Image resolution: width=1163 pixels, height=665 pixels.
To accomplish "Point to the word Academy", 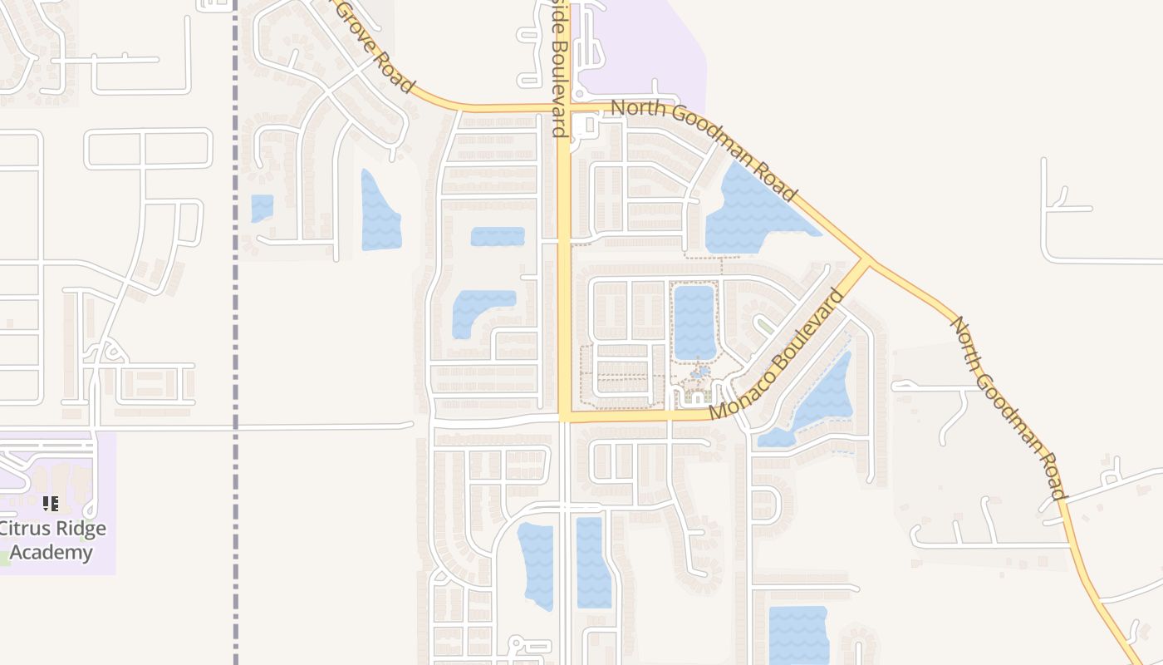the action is click(x=52, y=552).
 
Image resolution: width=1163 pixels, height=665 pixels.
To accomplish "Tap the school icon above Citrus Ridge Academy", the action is click(x=51, y=503).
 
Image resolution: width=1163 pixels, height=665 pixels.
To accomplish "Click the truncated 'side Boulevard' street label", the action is click(x=556, y=66).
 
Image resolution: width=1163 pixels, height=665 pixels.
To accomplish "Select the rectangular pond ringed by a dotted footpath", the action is click(x=694, y=322).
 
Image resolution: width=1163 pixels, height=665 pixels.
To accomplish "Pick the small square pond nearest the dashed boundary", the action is click(x=263, y=208).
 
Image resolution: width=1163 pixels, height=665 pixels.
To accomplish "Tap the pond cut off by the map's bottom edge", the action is click(x=797, y=636).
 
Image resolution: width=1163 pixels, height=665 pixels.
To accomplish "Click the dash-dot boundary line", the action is click(x=236, y=332).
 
